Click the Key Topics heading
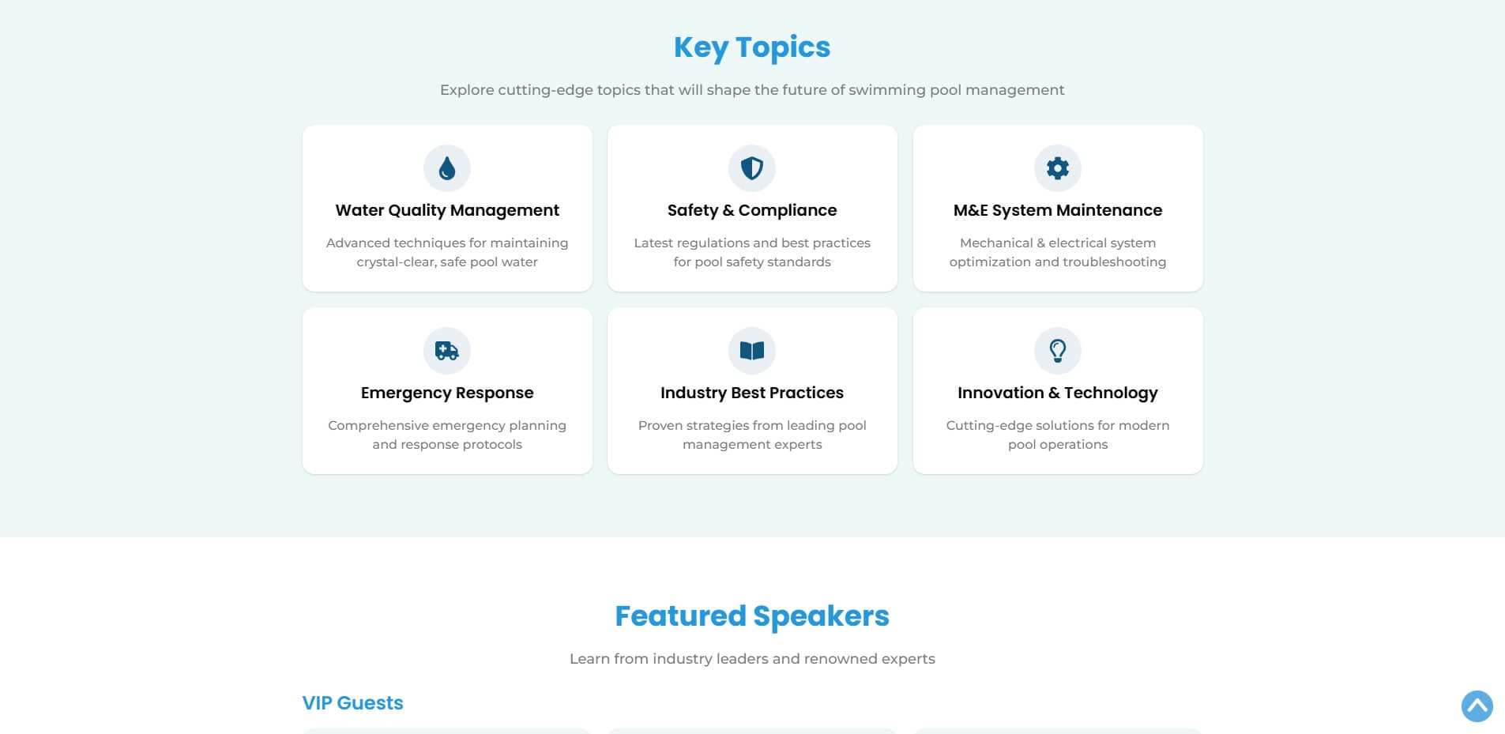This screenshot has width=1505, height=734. [752, 47]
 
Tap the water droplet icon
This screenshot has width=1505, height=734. [447, 168]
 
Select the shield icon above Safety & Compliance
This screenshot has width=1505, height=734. [752, 168]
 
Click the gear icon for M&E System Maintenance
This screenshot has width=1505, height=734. [1058, 168]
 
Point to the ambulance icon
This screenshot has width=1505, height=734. [447, 351]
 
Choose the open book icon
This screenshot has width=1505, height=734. [752, 351]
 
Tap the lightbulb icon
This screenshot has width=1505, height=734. [1058, 351]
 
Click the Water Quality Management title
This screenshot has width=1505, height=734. [447, 210]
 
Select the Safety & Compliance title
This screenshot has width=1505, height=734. [752, 210]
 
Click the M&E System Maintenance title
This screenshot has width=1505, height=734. [1058, 210]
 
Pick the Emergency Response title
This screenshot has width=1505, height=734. [447, 393]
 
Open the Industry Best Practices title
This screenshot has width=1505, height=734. [752, 393]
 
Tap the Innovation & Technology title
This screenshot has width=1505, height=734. [1058, 393]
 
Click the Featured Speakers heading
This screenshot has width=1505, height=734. [752, 616]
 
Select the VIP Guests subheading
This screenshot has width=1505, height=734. [352, 703]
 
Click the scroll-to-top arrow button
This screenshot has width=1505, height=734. [1477, 706]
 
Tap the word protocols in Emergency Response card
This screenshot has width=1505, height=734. [492, 445]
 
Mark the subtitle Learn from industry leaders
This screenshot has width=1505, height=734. [752, 659]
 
